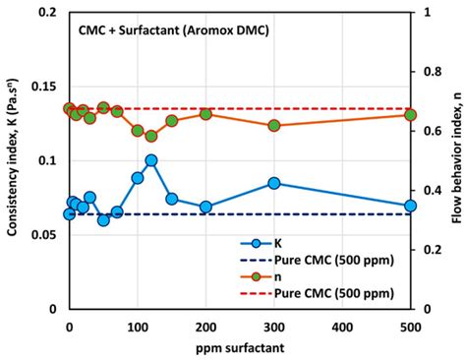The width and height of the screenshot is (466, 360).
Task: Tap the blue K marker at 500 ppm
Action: (x=411, y=206)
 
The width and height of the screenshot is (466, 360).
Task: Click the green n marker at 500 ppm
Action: (x=411, y=115)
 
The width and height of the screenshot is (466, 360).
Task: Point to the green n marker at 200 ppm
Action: (x=205, y=114)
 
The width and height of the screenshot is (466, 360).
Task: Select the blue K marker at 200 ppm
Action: (x=205, y=207)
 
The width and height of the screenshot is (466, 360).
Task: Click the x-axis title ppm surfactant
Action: (x=239, y=348)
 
